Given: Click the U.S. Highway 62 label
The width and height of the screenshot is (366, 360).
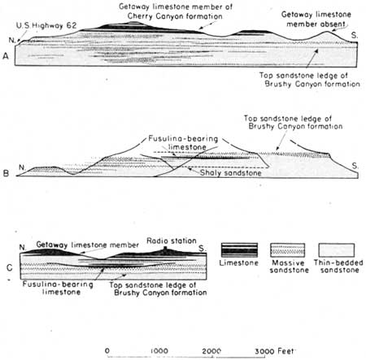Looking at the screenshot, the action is [x=46, y=26].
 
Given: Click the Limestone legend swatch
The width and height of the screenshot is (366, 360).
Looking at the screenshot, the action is [x=239, y=249].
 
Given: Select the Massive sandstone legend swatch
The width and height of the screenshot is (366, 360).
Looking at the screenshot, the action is [x=288, y=249].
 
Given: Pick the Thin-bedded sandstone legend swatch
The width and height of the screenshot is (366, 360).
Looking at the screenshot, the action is [x=336, y=249].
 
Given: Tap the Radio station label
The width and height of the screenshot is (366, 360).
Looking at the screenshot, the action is [x=172, y=241].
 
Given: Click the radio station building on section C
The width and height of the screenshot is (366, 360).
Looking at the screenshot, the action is [x=165, y=249].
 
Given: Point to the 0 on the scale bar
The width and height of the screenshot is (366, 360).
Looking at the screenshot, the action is [x=107, y=350].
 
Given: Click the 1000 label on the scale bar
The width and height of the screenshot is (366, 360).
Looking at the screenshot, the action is [x=159, y=351].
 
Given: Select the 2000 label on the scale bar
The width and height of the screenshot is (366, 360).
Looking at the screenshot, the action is [x=211, y=351].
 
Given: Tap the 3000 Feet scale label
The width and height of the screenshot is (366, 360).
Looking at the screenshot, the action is [x=274, y=351].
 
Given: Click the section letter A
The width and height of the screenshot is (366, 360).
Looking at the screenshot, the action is [x=6, y=56].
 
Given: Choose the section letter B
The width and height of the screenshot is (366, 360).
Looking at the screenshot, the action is [x=6, y=173].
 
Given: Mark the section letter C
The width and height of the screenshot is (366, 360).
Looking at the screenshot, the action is [x=10, y=268].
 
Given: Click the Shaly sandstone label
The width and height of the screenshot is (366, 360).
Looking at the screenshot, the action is [x=231, y=173].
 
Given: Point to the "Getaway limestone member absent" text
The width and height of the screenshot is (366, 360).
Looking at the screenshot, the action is [x=316, y=19].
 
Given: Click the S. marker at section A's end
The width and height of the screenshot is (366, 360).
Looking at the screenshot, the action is [x=355, y=35].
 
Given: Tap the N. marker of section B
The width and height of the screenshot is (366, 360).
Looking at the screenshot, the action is [x=22, y=167].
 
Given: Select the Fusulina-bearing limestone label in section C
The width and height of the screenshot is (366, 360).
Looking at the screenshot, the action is [x=58, y=288].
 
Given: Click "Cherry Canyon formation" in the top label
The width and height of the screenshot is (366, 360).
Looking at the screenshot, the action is [x=175, y=16].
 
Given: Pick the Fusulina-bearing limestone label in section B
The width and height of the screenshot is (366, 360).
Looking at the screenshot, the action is [x=183, y=143].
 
